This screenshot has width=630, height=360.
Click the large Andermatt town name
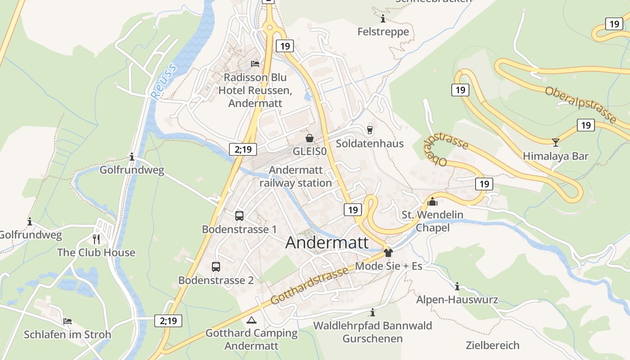(327, 243)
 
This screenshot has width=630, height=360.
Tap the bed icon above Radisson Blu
(255, 64)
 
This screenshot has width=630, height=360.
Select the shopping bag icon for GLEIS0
(310, 138)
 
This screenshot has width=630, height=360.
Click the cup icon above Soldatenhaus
(370, 130)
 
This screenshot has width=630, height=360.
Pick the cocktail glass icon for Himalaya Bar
(556, 143)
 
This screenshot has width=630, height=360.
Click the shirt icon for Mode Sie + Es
(388, 252)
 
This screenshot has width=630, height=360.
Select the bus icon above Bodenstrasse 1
(239, 216)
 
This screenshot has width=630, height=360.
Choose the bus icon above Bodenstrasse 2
(216, 267)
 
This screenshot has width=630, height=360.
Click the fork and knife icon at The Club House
(96, 239)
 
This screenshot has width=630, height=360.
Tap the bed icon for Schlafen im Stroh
(67, 321)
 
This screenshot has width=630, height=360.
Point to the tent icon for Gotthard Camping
(252, 320)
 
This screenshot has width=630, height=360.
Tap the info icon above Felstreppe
(383, 19)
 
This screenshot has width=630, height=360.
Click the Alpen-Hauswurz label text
(457, 300)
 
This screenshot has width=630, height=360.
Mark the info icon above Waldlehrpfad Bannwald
(372, 312)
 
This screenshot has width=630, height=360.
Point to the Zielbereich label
(493, 346)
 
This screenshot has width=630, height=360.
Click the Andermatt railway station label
(296, 176)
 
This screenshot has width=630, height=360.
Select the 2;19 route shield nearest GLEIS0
(243, 149)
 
